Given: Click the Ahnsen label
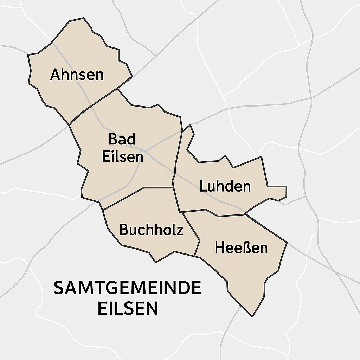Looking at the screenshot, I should point(77,75).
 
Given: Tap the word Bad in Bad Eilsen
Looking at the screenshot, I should point(122,139).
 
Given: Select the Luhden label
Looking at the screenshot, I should point(225,186).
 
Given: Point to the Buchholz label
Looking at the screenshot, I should point(151,230).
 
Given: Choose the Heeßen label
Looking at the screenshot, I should point(241,247).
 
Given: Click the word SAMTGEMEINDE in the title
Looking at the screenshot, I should point(127,288).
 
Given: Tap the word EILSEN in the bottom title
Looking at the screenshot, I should point(127,308).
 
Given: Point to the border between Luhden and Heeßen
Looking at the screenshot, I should point(218,216).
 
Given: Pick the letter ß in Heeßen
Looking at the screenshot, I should point(243,247).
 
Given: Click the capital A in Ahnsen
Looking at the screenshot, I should point(54,75).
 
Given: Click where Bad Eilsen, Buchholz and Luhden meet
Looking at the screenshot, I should point(173,188).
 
